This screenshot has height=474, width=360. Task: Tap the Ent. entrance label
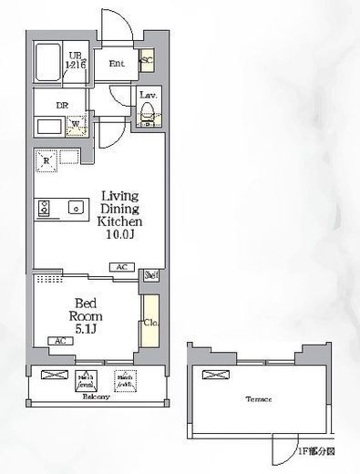point(117,63)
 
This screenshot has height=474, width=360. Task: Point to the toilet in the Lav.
point(147,114)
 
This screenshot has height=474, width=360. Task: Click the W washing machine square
point(77,126)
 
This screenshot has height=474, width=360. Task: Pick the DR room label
point(62,105)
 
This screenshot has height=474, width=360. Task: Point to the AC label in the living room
point(120,267)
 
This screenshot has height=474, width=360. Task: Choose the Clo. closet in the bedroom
point(149,321)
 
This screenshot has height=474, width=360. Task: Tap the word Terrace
point(258,399)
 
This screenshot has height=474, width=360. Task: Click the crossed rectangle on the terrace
point(213,374)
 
